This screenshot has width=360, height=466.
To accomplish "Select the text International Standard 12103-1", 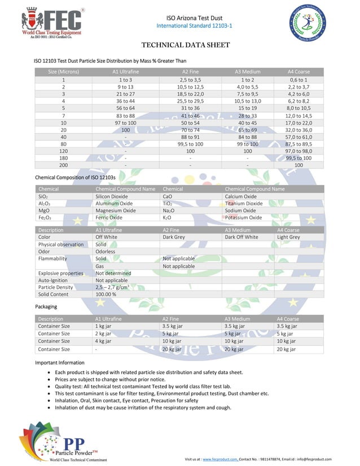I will point(194,26).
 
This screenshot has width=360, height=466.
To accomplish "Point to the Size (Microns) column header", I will point(63,72).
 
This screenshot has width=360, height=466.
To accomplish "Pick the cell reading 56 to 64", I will point(125,108).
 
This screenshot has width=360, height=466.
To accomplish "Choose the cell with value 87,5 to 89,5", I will point(298,144).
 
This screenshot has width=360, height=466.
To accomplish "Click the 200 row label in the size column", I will point(63,165).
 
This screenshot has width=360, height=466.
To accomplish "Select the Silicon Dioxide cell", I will point(112,196).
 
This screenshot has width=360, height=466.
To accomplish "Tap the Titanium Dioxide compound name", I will point(243,203).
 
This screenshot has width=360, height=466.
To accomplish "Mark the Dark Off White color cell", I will point(241,237).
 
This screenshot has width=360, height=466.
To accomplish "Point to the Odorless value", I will point(106,251).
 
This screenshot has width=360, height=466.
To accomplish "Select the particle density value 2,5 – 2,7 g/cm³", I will point(112,287).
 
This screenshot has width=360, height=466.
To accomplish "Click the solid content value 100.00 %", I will point(106,294).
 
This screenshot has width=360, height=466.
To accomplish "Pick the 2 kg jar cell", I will point(103,333).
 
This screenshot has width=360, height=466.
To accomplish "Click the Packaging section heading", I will point(46,306).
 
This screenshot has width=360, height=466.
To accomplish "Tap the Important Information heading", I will point(59,362).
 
